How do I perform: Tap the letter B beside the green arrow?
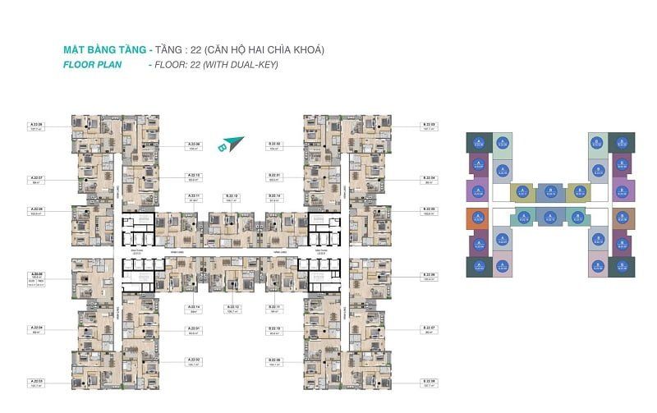click(x=222, y=149)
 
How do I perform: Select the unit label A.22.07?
click(x=36, y=177)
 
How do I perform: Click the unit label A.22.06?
click(x=36, y=209)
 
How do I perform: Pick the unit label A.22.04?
click(x=36, y=328)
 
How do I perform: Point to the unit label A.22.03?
click(x=36, y=380)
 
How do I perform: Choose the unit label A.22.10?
click(x=194, y=175)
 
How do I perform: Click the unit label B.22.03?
click(x=430, y=124)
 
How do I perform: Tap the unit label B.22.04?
click(x=430, y=177)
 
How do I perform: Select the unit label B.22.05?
click(x=430, y=209)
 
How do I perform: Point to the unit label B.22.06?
click(x=430, y=274)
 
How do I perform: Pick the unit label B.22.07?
click(x=430, y=328)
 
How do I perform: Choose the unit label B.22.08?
click(x=430, y=380)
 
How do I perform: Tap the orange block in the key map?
click(x=475, y=218)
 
